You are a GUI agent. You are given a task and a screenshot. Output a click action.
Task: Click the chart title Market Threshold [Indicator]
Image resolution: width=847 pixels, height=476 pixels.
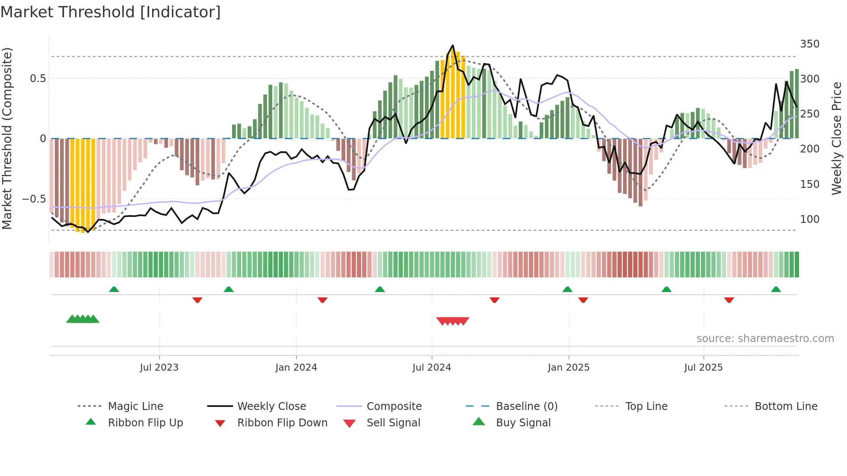(111, 12)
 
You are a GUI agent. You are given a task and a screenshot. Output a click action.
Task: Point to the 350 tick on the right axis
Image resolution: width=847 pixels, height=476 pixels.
(809, 44)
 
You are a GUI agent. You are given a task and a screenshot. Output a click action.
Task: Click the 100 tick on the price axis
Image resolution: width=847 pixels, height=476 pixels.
(809, 219)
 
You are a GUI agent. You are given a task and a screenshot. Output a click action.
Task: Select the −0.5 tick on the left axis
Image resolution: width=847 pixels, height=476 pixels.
(34, 199)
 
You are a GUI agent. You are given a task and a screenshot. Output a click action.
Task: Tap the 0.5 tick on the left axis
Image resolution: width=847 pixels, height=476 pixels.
(38, 79)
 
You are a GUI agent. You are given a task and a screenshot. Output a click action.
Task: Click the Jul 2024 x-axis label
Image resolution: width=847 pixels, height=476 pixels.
(431, 368)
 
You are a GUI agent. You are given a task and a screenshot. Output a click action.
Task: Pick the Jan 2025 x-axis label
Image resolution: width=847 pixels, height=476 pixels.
(568, 368)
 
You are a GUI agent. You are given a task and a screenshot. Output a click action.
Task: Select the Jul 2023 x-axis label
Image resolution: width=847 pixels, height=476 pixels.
(159, 368)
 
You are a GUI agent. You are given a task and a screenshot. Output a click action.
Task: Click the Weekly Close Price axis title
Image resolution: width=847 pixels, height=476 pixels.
(837, 138)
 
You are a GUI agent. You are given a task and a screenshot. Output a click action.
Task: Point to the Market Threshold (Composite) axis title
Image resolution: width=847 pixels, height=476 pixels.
(7, 138)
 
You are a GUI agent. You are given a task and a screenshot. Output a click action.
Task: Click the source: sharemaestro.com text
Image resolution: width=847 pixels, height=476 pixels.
(765, 339)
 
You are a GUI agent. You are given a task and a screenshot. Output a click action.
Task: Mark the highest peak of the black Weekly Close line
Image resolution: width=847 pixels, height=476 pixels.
(452, 45)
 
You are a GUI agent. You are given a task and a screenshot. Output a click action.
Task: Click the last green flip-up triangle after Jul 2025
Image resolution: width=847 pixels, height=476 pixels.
(776, 289)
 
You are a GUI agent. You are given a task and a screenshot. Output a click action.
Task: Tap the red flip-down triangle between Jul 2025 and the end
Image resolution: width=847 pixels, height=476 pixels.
(729, 300)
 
